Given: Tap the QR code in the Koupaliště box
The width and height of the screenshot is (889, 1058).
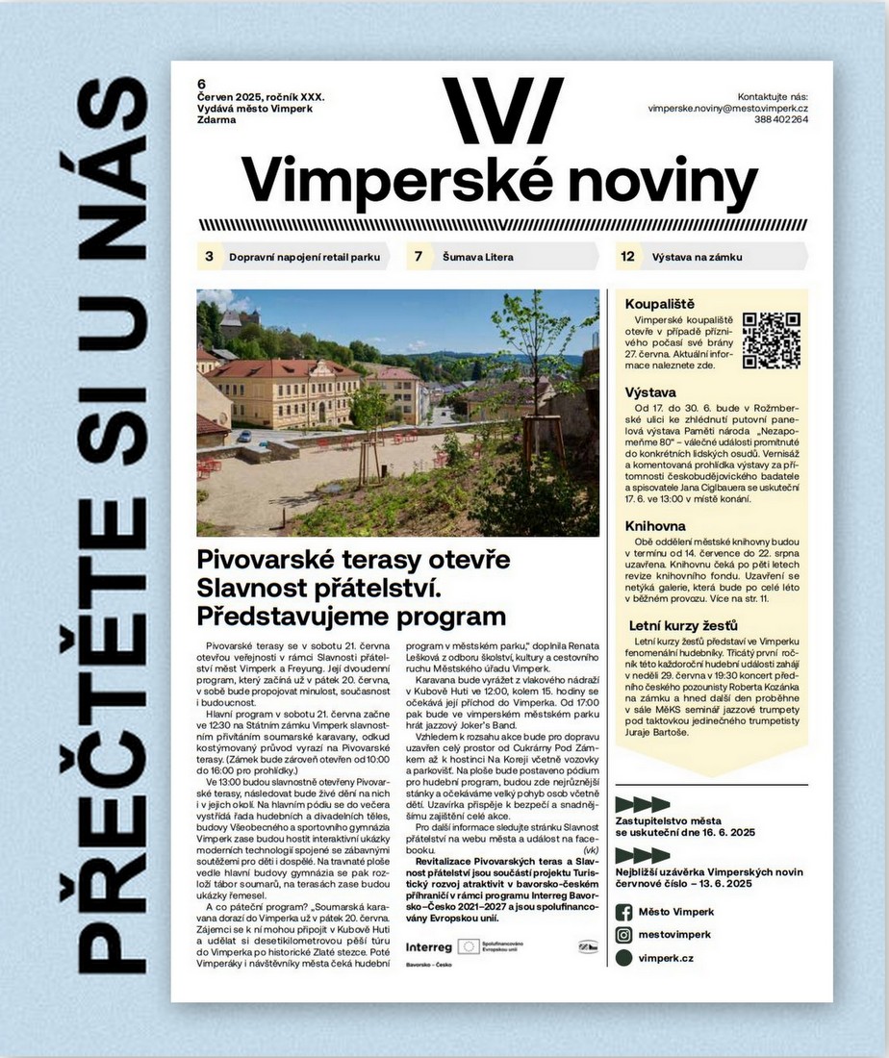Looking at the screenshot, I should (772, 340).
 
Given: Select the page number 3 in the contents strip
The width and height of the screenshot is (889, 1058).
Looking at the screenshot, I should (209, 257).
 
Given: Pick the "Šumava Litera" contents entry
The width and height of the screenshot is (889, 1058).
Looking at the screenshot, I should (477, 257).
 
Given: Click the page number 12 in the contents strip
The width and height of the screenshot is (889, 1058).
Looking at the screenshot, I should (627, 257).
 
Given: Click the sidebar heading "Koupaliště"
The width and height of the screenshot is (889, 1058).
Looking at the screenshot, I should (660, 304).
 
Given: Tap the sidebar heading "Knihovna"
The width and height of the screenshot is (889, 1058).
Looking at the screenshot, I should (655, 526).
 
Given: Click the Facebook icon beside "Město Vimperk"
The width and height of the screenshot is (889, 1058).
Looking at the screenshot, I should (623, 912).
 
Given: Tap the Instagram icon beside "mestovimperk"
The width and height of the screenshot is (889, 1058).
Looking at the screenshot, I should (623, 934).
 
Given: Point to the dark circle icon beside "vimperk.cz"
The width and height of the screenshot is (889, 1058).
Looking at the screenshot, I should (623, 958).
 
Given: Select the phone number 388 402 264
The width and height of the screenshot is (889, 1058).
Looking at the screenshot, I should (781, 120).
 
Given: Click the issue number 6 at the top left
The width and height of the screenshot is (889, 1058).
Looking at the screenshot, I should (202, 83).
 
